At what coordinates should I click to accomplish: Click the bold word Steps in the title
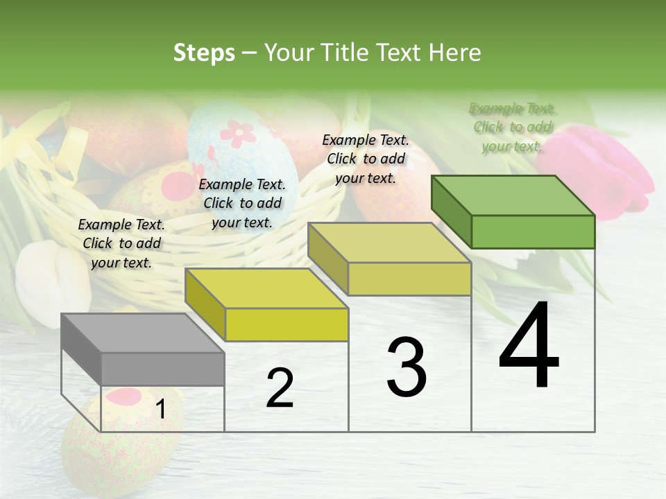204,53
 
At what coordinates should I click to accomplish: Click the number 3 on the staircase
406,367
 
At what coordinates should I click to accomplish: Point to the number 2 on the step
280,389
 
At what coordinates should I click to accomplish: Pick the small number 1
161,410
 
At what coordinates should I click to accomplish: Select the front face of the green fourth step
533,231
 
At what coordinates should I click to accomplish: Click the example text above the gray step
121,243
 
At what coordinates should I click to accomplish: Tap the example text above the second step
242,203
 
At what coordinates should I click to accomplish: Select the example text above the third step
366,159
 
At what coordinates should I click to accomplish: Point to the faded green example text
512,127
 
